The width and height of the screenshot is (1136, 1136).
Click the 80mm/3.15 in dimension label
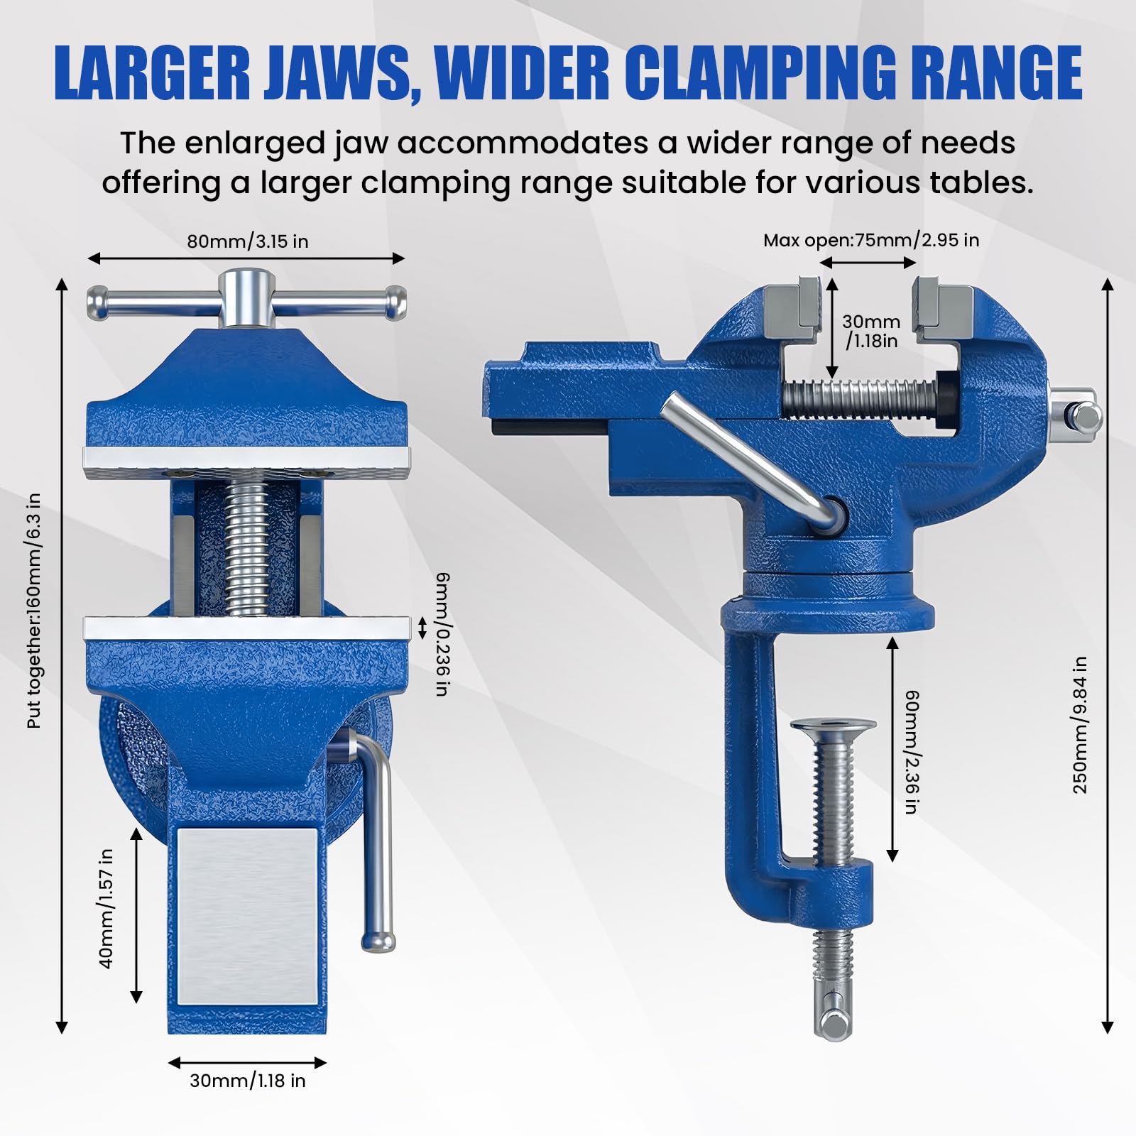(x=248, y=241)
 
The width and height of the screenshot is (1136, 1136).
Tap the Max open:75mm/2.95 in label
(x=871, y=240)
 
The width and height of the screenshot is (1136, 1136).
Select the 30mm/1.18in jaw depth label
(x=871, y=332)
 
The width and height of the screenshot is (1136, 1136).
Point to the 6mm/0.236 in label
(x=442, y=633)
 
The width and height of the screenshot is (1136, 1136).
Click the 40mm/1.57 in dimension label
(x=106, y=910)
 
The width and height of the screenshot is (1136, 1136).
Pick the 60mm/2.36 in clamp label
(x=912, y=752)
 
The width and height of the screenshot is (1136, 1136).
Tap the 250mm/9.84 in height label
(x=1080, y=724)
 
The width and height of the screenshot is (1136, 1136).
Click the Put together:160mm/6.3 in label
(x=33, y=611)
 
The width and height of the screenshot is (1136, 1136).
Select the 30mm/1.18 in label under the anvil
(x=248, y=1081)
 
